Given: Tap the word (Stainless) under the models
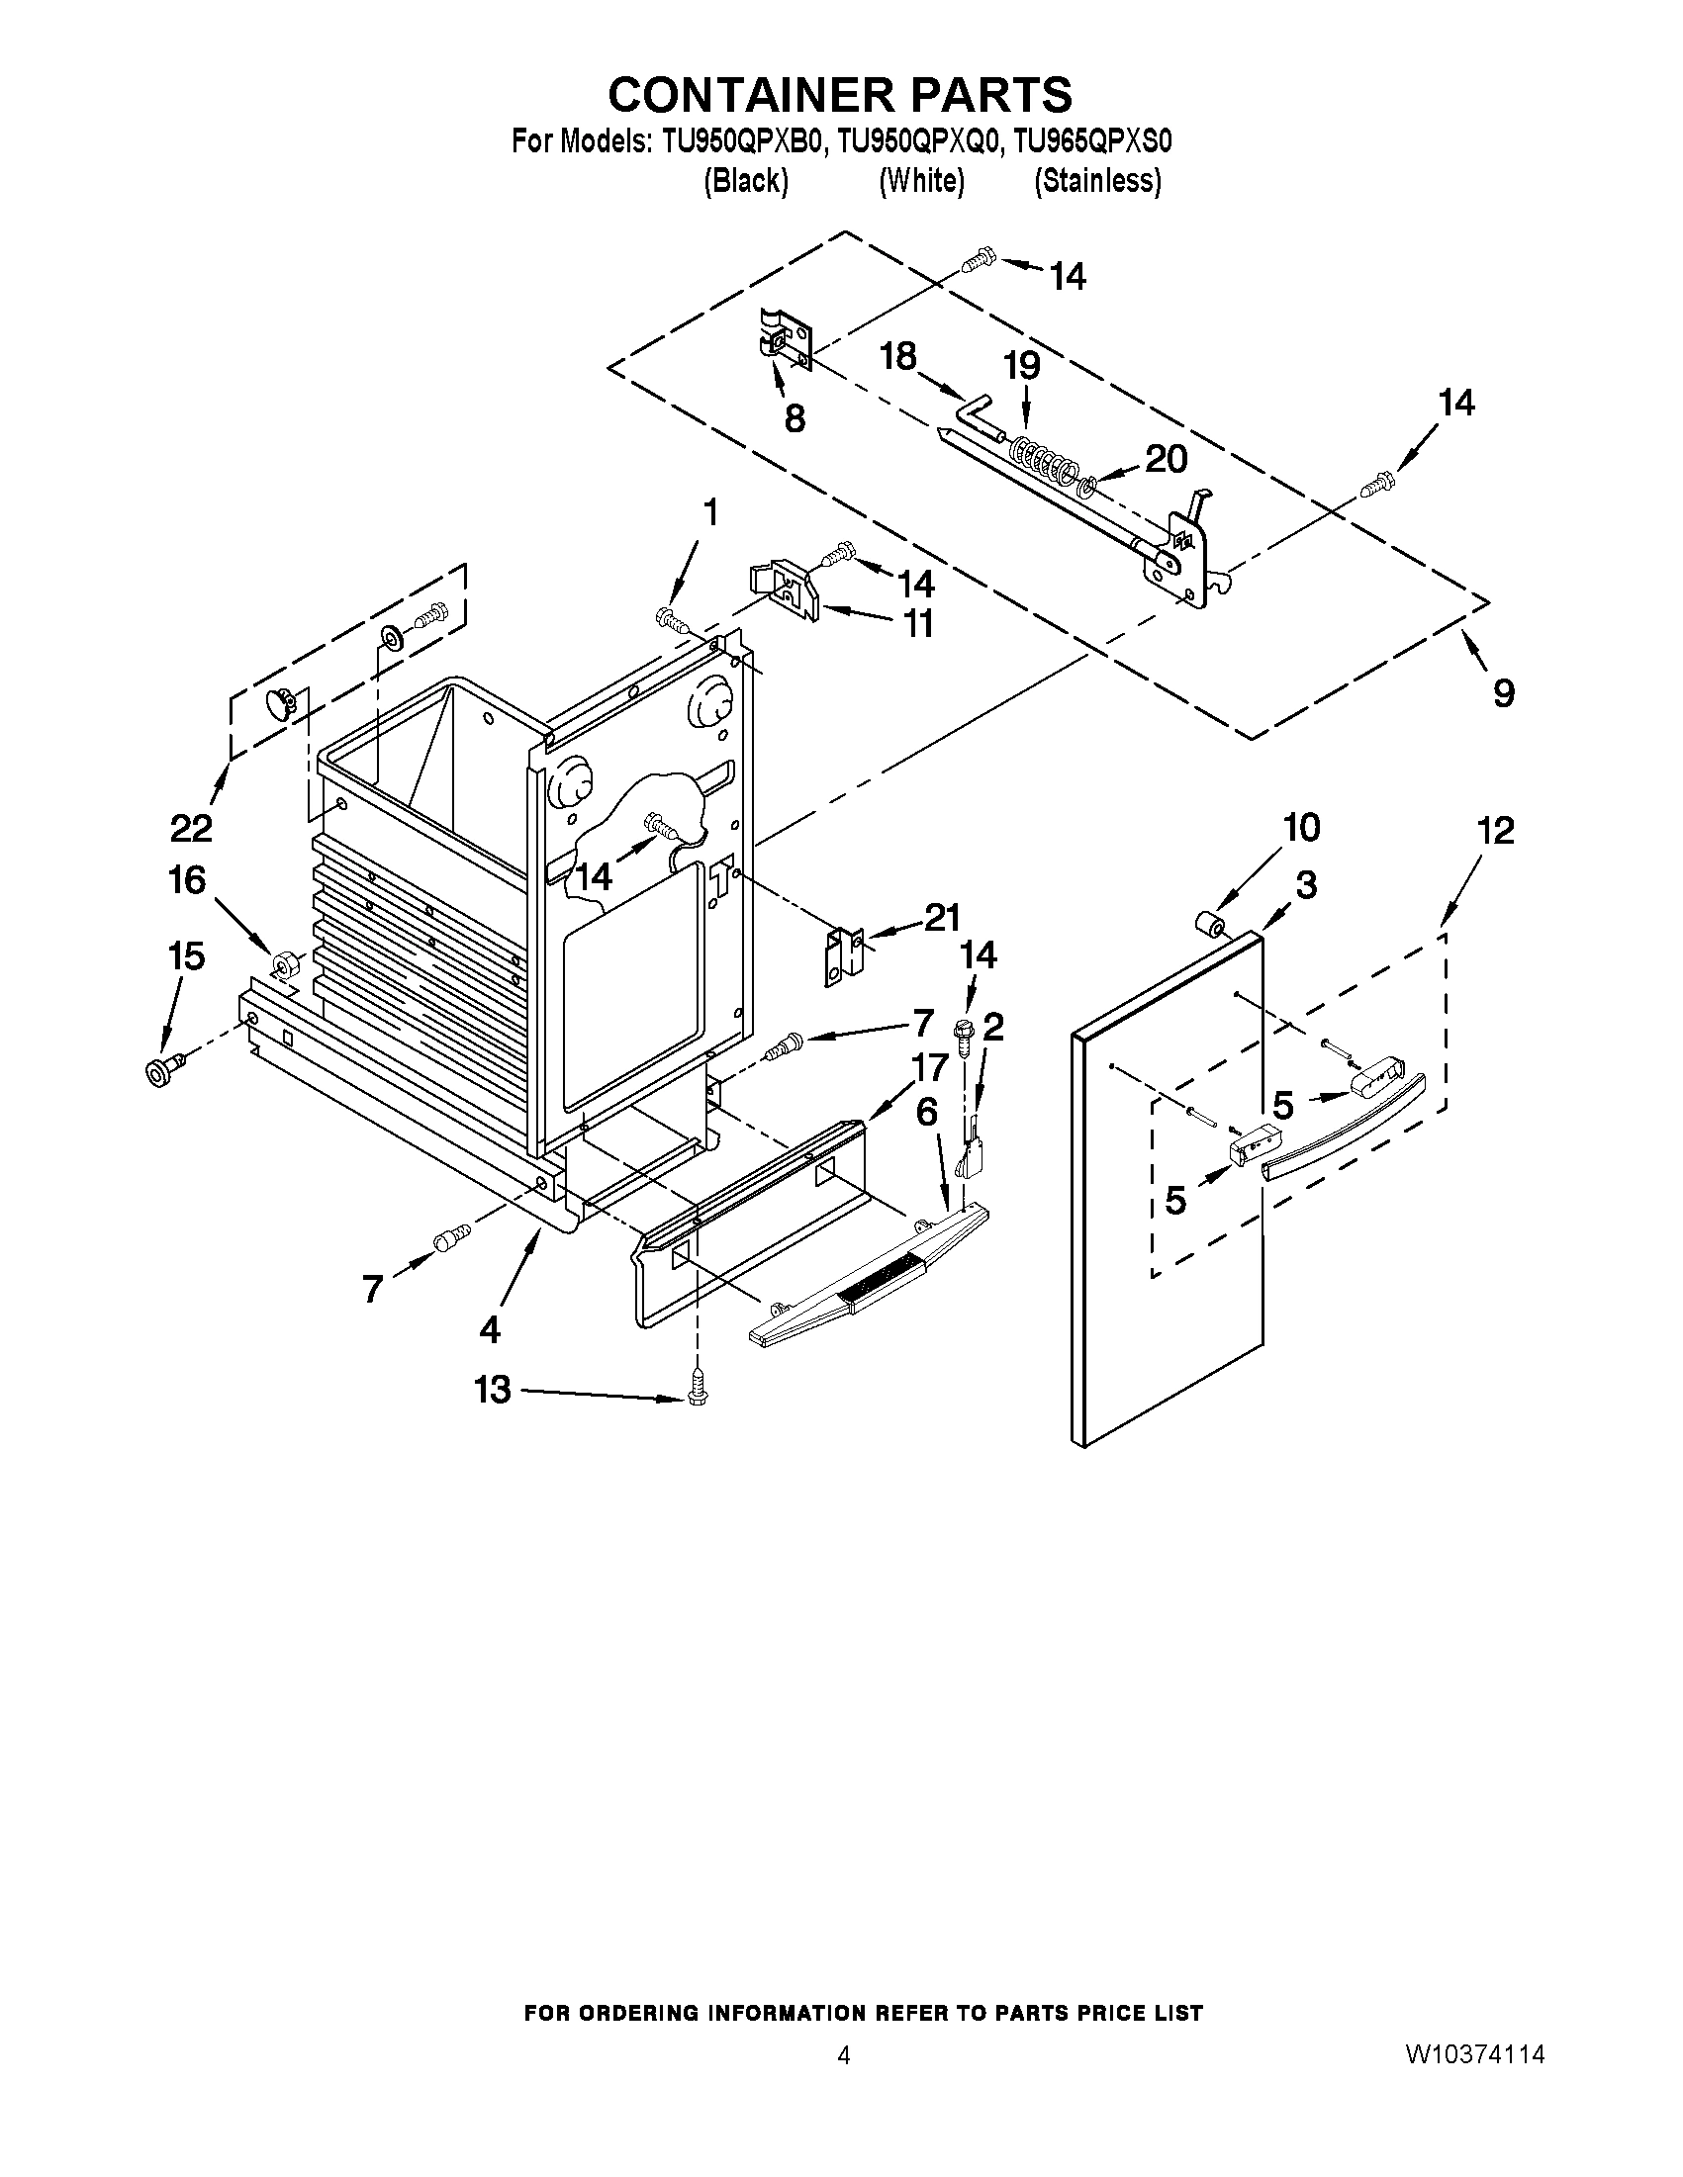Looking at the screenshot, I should (x=1097, y=180).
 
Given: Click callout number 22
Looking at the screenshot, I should (x=191, y=826).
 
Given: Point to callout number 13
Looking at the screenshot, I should (x=493, y=1390).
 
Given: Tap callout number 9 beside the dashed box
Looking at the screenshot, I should (x=1504, y=691).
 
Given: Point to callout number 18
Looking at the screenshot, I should (x=898, y=357).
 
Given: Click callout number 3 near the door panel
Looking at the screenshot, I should (x=1305, y=884).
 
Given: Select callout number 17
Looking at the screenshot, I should (x=929, y=1067).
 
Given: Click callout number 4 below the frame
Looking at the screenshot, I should (x=490, y=1327).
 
